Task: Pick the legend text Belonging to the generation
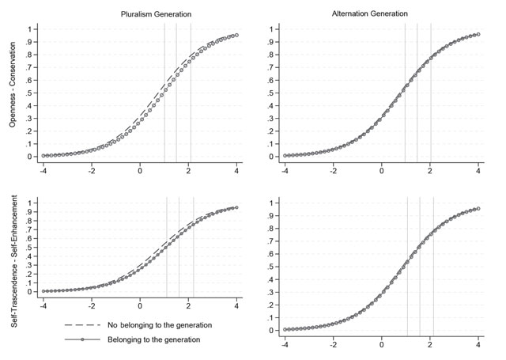(x=142, y=339)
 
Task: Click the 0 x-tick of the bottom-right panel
(x=381, y=345)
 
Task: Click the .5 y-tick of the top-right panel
(x=271, y=93)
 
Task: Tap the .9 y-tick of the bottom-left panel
(x=31, y=212)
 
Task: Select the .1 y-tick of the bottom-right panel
(x=271, y=317)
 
